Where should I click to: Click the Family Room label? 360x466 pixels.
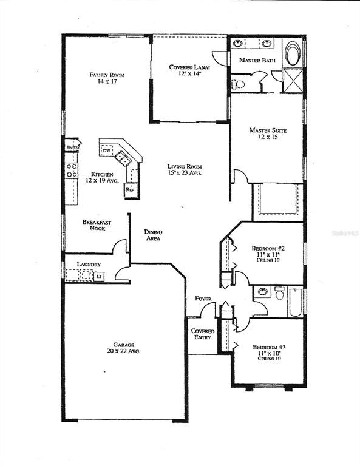103,75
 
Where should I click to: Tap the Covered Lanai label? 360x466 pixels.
189,67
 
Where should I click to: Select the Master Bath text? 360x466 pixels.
257,61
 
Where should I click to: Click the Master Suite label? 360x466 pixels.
268,130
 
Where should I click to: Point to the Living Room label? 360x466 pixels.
185,167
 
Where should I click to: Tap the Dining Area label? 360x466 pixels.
152,235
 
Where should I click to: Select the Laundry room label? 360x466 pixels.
89,265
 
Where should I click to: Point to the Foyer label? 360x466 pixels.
202,299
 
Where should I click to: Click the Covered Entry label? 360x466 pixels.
202,334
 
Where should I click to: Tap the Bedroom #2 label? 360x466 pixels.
268,249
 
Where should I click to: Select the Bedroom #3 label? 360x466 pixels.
269,348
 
